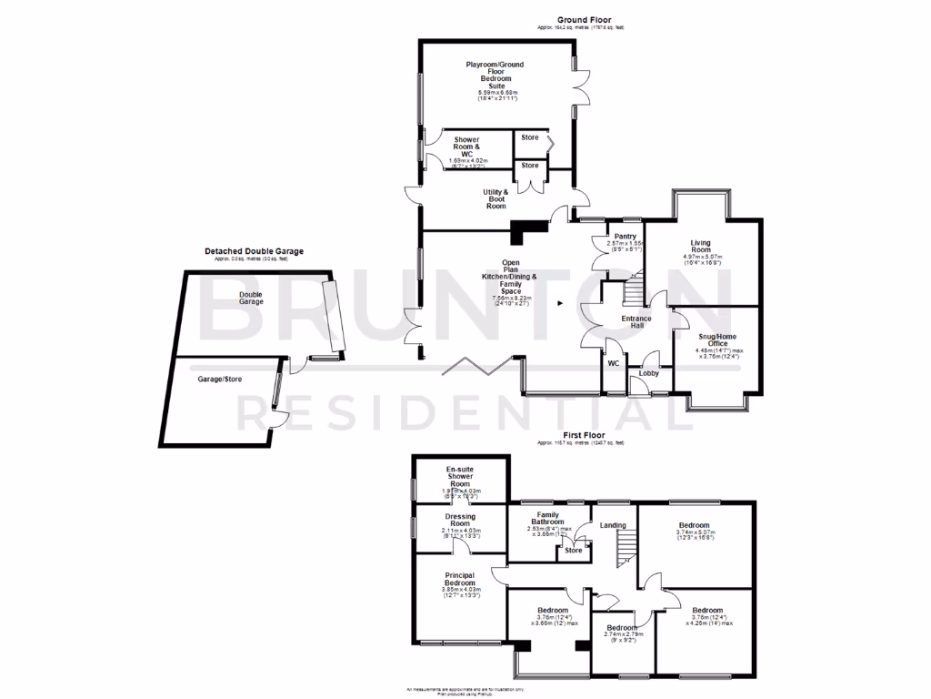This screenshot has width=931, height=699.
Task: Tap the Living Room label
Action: [700, 243]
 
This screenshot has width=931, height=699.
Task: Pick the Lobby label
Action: [649, 373]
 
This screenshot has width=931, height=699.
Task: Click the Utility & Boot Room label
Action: [496, 199]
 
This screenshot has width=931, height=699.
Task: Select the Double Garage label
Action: [252, 298]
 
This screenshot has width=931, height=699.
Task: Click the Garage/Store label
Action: [220, 379]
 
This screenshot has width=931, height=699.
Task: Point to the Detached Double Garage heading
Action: [254, 251]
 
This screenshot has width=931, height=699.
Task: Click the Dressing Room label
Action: [459, 523]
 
